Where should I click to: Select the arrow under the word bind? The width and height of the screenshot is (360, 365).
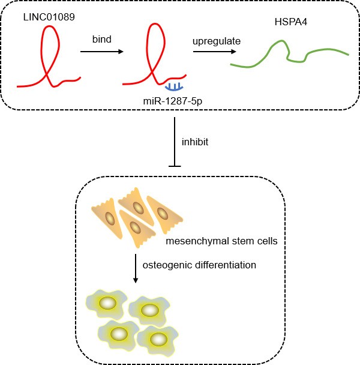tap(101, 52)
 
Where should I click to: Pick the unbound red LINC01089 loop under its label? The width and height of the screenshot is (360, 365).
tap(50, 54)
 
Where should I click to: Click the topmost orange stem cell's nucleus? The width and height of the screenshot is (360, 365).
tap(138, 207)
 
